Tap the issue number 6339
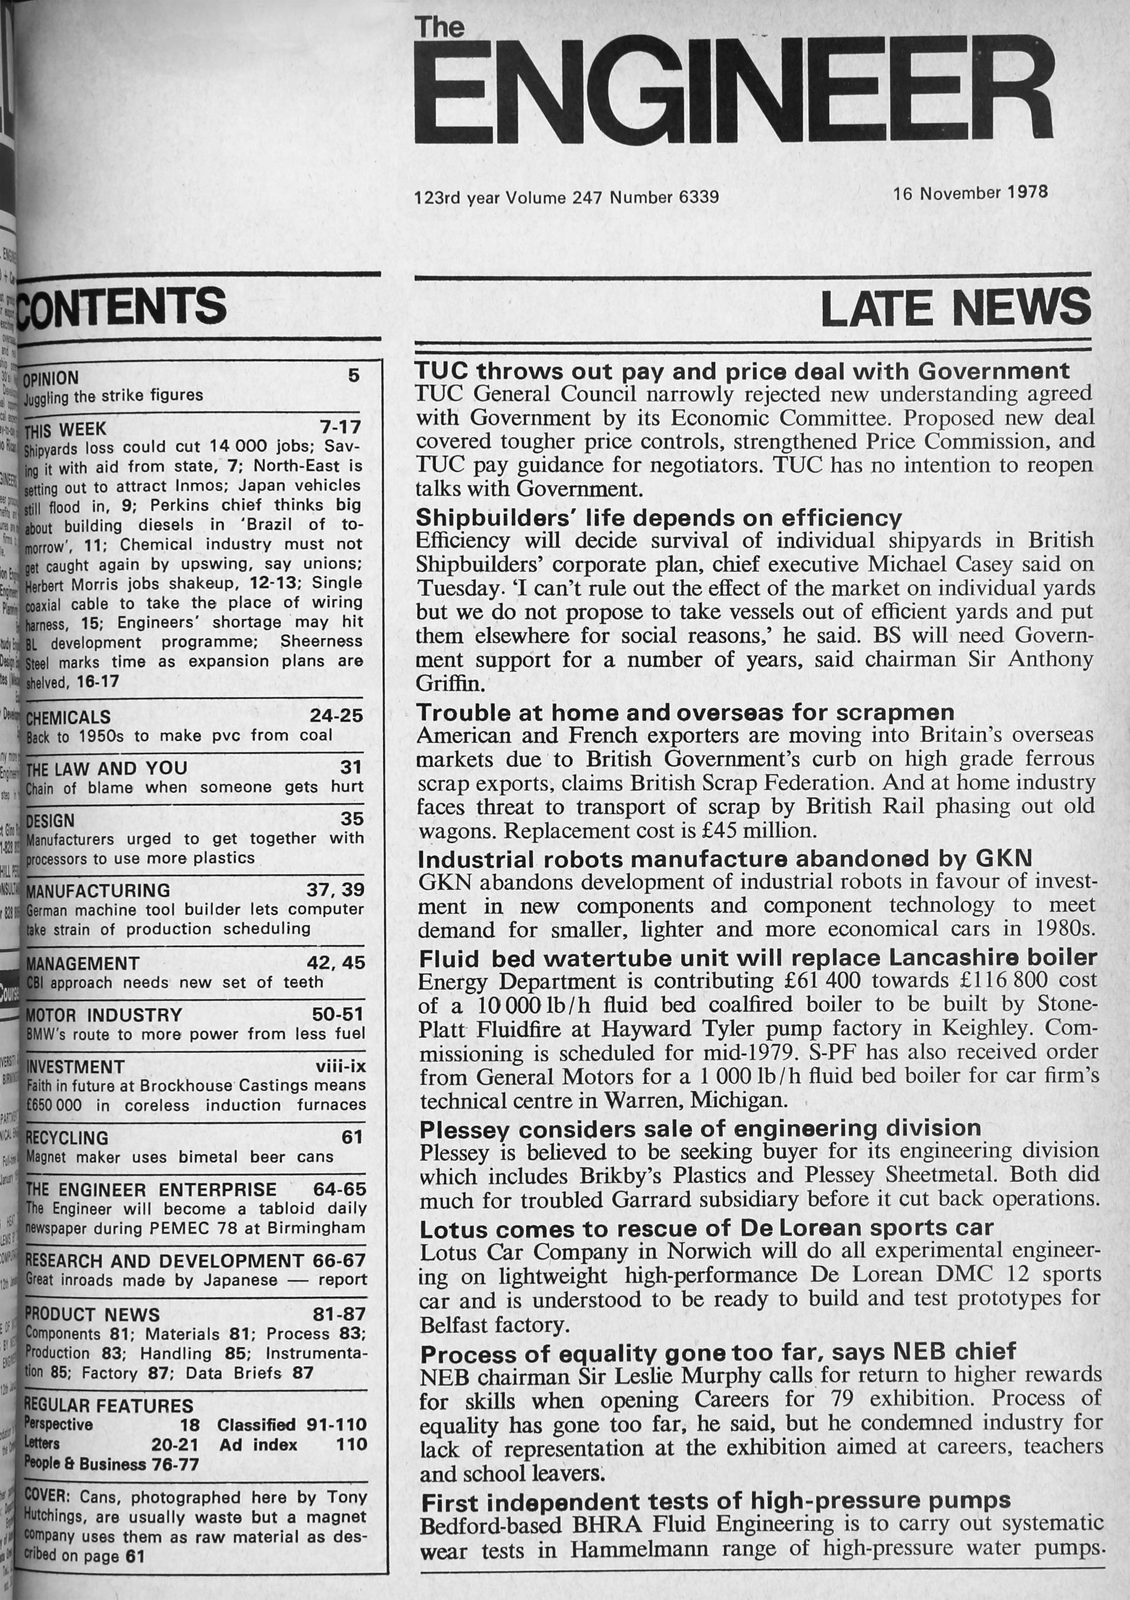point(699,198)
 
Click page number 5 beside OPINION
point(354,376)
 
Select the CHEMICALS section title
point(68,717)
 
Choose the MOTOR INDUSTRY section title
point(104,1014)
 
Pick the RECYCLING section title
point(67,1138)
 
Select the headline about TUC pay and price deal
point(742,371)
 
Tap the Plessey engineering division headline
point(700,1128)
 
